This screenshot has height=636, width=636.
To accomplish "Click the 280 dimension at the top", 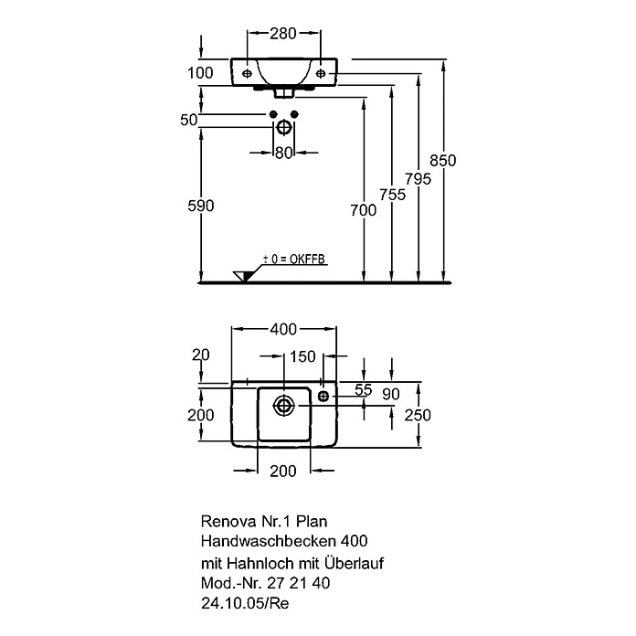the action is click(283, 33).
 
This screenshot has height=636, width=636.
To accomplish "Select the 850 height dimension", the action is click(443, 161).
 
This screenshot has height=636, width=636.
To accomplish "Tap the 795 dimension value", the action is click(419, 179).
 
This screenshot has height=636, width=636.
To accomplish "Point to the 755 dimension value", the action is click(392, 195).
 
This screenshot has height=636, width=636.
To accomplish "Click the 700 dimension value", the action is click(364, 210).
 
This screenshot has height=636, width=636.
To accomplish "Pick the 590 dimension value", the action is click(201, 206).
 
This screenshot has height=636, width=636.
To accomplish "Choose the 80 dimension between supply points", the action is click(284, 153).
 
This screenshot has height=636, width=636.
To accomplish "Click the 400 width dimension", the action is click(283, 329).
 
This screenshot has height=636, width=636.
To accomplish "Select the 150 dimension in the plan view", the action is click(302, 356).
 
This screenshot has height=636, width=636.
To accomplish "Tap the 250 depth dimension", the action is click(418, 415).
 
